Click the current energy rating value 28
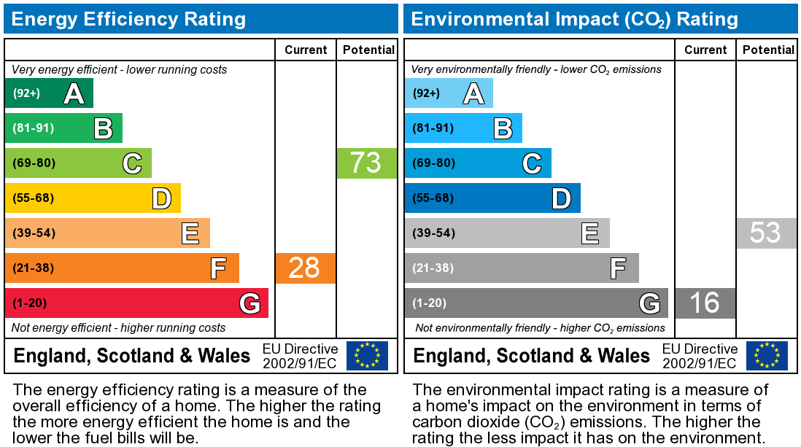click(x=305, y=268)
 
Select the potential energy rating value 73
click(x=365, y=163)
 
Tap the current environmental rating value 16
click(x=704, y=303)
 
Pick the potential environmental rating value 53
click(x=765, y=233)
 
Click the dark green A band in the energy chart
click(x=49, y=93)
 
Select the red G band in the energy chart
click(x=136, y=303)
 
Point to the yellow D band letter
click(x=161, y=198)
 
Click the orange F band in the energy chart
click(x=122, y=268)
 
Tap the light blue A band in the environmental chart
click(x=449, y=93)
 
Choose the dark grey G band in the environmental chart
click(x=536, y=303)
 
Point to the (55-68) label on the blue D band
click(x=433, y=198)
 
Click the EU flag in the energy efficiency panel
click(x=367, y=355)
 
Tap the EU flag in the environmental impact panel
click(x=767, y=355)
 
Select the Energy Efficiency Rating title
click(x=128, y=19)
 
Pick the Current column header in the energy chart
click(x=306, y=50)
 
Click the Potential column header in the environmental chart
click(x=768, y=50)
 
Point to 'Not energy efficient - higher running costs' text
click(x=119, y=328)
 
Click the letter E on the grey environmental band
click(x=589, y=233)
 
